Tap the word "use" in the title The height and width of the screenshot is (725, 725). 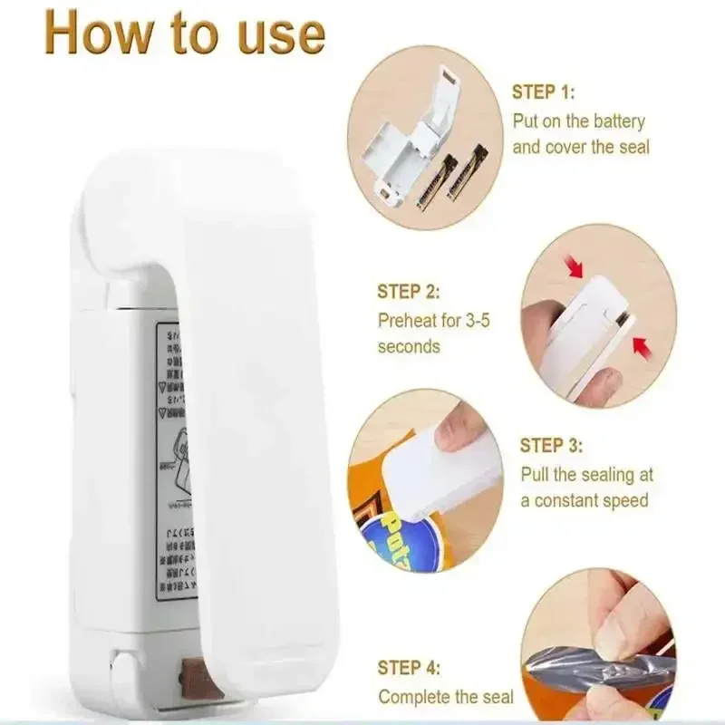pyautogui.click(x=275, y=34)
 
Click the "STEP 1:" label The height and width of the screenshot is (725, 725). pyautogui.click(x=544, y=92)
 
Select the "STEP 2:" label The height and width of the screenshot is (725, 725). pyautogui.click(x=409, y=292)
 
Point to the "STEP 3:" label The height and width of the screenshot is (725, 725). pyautogui.click(x=551, y=446)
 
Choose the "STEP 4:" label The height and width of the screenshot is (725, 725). pyautogui.click(x=409, y=668)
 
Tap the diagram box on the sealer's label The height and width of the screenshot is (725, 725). pyautogui.click(x=181, y=461)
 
